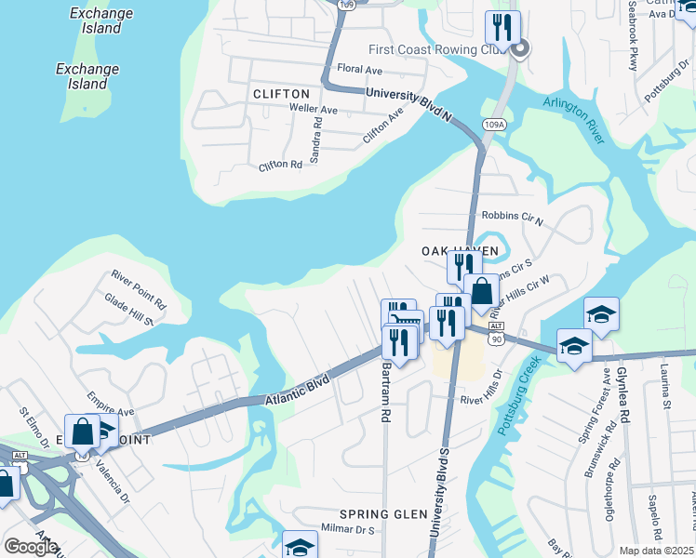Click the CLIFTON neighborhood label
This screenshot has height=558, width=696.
[281, 94]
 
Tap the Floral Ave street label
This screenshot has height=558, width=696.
[360, 70]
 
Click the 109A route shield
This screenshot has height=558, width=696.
[493, 124]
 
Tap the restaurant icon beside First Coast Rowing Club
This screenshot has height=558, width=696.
[502, 31]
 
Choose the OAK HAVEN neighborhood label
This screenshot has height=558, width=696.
[460, 251]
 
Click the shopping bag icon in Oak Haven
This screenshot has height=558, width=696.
[482, 291]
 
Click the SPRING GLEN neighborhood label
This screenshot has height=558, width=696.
[382, 514]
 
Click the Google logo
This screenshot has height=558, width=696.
[31, 546]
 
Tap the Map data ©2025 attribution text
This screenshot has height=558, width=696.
[657, 551]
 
